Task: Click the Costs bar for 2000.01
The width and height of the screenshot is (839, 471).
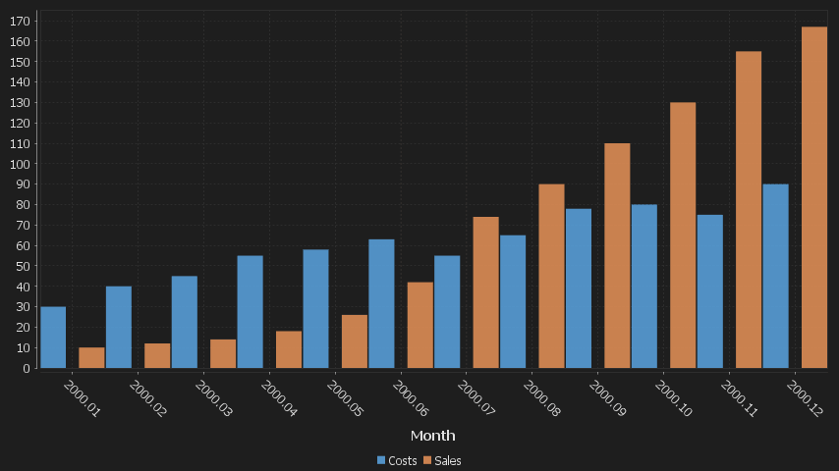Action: [53, 338]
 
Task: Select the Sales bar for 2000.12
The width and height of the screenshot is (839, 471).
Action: [814, 197]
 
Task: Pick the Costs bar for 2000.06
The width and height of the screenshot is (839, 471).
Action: [381, 303]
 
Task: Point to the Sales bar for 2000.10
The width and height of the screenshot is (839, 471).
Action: [683, 235]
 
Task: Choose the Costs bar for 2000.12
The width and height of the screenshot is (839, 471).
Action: [775, 276]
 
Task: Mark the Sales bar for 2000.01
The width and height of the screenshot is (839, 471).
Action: [91, 357]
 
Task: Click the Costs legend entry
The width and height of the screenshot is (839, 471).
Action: [397, 460]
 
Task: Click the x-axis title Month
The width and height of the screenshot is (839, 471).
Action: [432, 435]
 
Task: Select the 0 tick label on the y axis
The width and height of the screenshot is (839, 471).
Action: [28, 368]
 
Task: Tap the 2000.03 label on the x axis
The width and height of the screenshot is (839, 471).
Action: [213, 400]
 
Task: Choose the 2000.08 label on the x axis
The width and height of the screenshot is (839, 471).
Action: [541, 400]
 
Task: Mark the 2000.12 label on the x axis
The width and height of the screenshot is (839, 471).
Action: [805, 400]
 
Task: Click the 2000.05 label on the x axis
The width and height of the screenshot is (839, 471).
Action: [345, 400]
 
